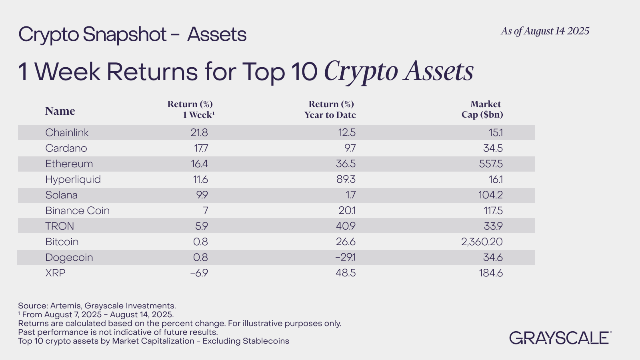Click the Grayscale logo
560,338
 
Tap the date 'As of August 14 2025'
545,31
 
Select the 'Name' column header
60,111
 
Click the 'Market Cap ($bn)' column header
482,109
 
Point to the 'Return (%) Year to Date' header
330,109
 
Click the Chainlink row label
67,132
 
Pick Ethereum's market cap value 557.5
491,164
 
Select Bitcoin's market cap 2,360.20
482,242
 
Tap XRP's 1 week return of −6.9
199,273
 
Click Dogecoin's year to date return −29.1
346,258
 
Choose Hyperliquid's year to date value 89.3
346,180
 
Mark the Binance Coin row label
78,210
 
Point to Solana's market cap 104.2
490,195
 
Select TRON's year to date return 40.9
346,226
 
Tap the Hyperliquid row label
73,180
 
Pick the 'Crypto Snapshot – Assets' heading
132,34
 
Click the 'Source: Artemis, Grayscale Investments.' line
97,306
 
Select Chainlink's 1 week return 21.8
199,132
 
